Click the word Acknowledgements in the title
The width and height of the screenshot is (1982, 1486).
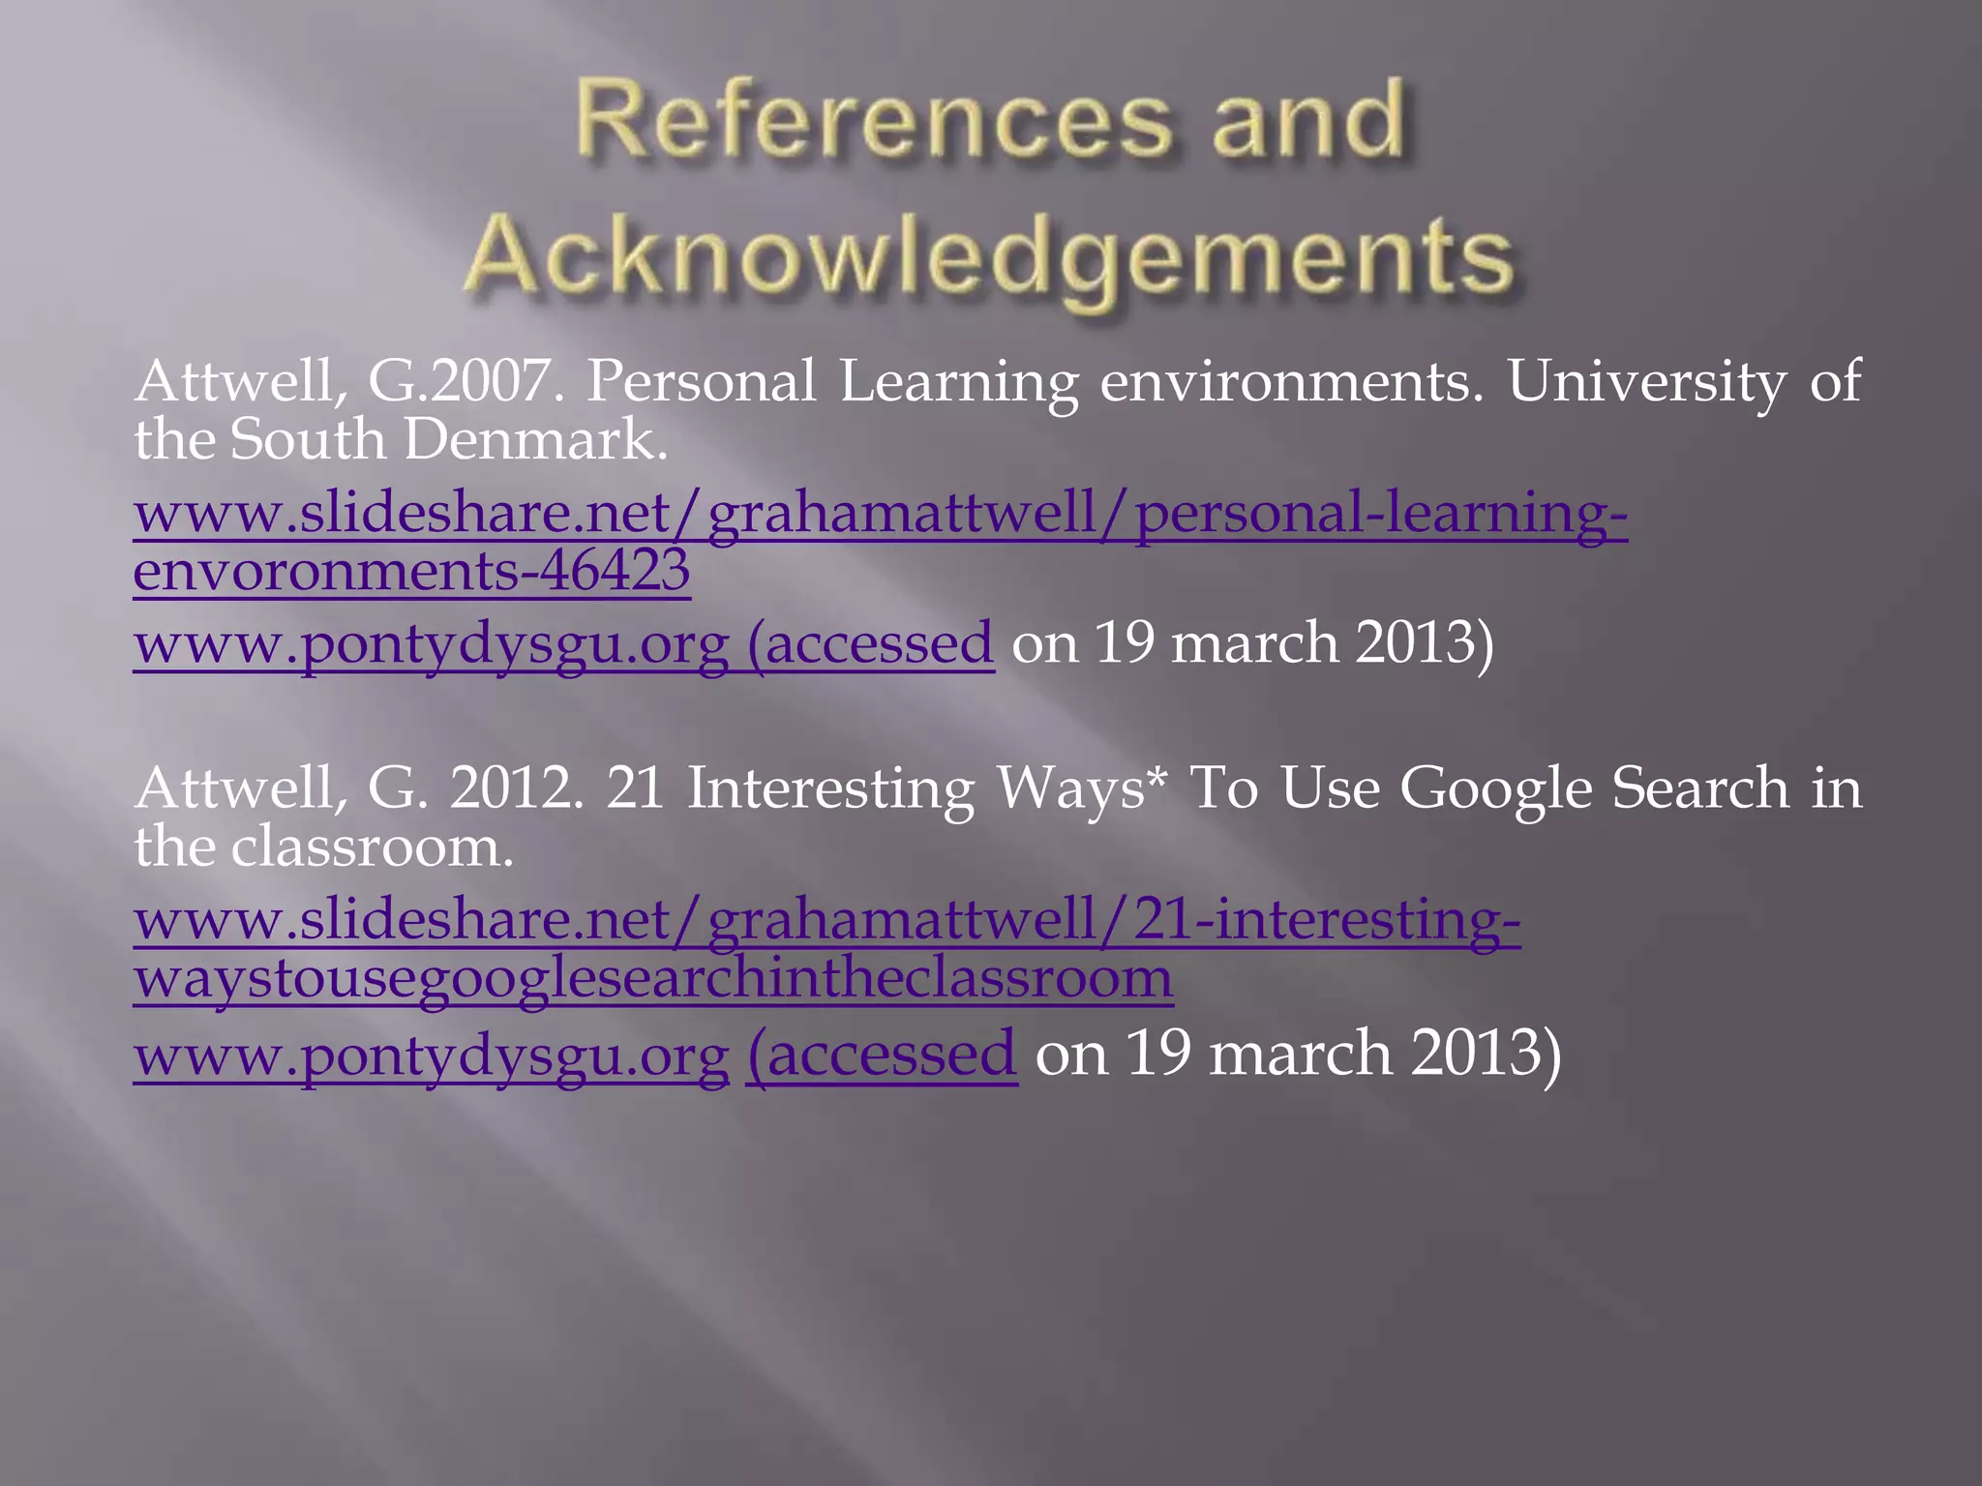pos(989,255)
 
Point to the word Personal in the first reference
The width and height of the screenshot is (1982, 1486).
pos(702,380)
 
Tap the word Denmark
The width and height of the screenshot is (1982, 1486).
pos(535,439)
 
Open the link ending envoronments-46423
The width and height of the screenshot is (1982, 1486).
pos(411,570)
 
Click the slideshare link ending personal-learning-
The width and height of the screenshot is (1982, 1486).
pos(880,512)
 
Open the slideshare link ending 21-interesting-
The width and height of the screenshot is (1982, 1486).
pos(826,919)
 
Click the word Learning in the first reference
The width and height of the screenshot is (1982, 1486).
pos(958,380)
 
